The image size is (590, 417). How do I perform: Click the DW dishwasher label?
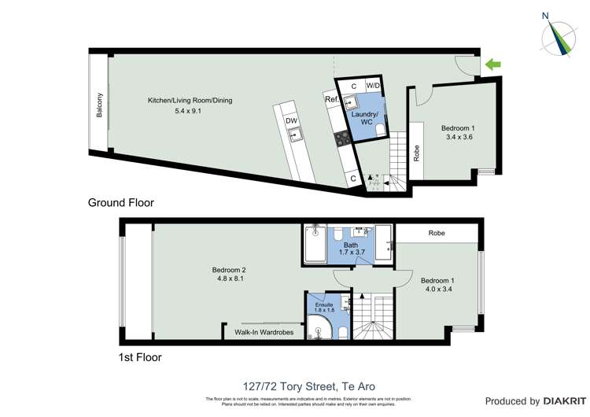coord(291,120)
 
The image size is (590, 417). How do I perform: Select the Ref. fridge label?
coord(331,100)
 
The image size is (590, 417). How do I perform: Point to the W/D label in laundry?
coord(374,86)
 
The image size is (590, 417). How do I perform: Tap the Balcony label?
coord(100,105)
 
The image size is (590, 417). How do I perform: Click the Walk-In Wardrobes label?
coord(264,333)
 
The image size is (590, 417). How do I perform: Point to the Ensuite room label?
coord(324,304)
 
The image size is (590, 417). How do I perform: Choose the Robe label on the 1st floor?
coord(437,234)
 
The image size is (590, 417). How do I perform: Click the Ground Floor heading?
coord(120,203)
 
